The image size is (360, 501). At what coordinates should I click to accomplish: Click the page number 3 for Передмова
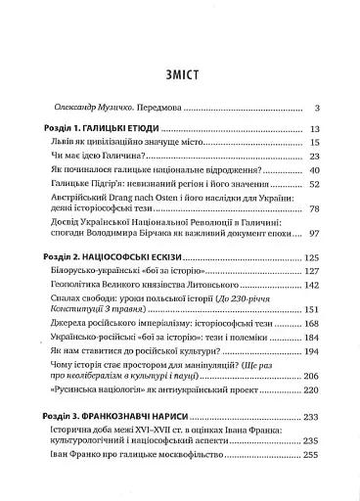(x=332, y=108)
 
